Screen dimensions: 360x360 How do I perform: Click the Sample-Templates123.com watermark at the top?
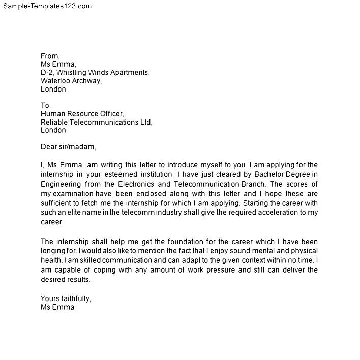click(x=47, y=6)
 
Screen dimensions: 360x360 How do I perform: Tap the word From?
click(x=50, y=56)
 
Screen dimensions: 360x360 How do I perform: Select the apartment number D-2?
click(x=47, y=73)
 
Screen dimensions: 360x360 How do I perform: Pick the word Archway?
click(x=87, y=81)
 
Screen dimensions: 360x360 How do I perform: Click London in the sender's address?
click(x=53, y=89)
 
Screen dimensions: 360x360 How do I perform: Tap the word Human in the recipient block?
click(x=53, y=114)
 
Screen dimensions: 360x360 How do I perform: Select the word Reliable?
click(x=55, y=122)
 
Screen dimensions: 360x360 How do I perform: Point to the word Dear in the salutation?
click(x=49, y=147)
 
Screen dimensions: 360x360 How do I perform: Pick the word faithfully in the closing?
click(x=75, y=298)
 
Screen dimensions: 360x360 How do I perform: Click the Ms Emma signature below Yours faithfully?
click(x=57, y=307)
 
